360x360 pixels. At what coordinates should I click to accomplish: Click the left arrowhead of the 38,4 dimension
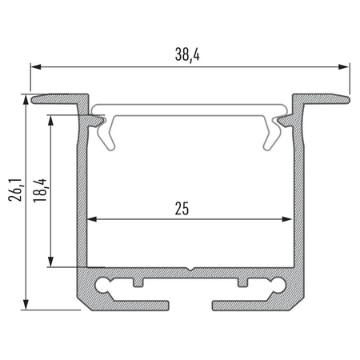tap(34, 67)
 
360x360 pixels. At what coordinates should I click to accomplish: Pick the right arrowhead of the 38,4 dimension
tap(347, 67)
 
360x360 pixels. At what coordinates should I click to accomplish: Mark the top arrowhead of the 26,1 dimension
tap(28, 100)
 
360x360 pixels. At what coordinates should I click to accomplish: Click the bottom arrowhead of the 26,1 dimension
tap(28, 304)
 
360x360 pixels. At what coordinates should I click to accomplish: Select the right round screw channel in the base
tap(278, 283)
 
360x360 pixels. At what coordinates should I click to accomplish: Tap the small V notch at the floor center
tap(189, 269)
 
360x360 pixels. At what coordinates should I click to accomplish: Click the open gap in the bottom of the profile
tap(190, 304)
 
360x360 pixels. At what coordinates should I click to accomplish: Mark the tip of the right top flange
tap(347, 98)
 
